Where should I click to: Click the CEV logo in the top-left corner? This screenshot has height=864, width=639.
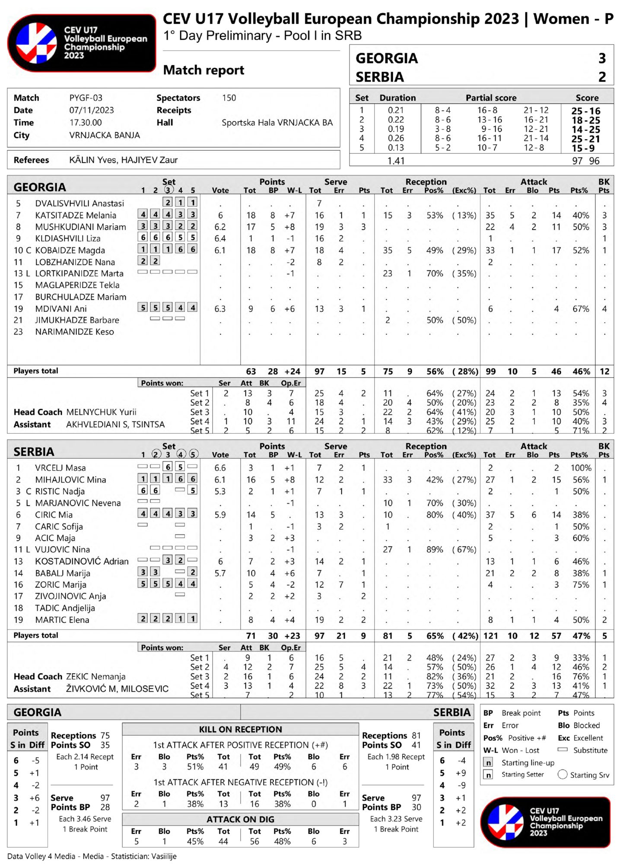click(x=81, y=43)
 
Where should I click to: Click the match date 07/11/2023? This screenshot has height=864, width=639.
click(x=92, y=110)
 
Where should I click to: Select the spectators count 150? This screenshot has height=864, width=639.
click(x=229, y=98)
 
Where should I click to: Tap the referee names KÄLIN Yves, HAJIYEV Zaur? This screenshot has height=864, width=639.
click(x=124, y=160)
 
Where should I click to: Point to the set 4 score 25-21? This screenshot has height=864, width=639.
click(x=585, y=139)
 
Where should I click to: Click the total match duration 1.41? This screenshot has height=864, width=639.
click(x=396, y=161)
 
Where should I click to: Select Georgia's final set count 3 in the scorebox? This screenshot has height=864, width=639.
click(x=602, y=58)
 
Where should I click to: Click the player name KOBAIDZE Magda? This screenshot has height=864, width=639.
click(x=70, y=251)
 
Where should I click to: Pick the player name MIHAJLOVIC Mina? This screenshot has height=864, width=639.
click(x=70, y=480)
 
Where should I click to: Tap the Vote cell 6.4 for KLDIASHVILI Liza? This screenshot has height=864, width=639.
click(x=220, y=238)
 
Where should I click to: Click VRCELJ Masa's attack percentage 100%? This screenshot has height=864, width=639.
click(x=581, y=468)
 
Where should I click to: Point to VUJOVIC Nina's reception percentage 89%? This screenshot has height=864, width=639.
click(x=434, y=550)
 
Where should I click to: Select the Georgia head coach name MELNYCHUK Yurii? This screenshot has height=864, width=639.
click(x=101, y=412)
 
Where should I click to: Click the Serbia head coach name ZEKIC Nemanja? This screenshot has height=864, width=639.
click(x=95, y=677)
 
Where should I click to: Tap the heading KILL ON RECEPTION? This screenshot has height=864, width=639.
click(x=240, y=729)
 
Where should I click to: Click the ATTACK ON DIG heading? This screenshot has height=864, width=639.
click(x=240, y=820)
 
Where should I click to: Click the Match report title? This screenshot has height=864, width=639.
click(x=203, y=70)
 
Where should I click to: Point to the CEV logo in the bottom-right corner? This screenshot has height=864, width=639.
click(x=545, y=822)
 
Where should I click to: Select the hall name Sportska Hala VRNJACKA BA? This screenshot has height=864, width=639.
click(x=277, y=123)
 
